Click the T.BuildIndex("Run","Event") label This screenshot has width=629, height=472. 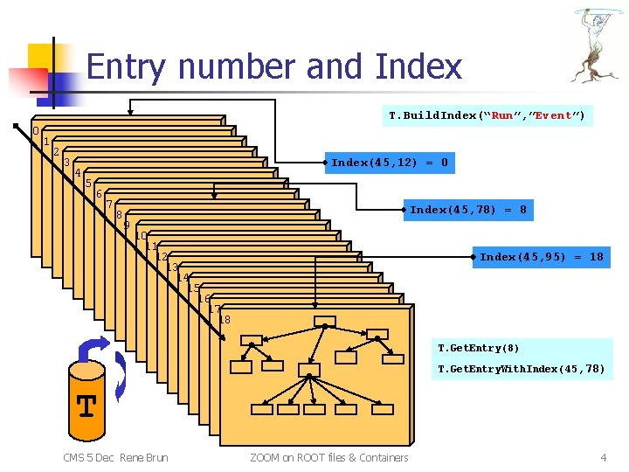click(487, 115)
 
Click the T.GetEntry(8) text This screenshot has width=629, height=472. click(479, 348)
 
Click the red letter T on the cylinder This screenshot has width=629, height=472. click(86, 406)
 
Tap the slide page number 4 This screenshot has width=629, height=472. click(603, 457)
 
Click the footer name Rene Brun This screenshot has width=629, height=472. click(144, 457)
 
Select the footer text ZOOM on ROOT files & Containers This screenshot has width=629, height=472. click(328, 457)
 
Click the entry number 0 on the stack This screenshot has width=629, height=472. click(36, 131)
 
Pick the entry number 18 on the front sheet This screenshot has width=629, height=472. click(225, 320)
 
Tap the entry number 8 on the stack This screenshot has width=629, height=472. click(119, 215)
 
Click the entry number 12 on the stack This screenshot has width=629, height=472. click(161, 257)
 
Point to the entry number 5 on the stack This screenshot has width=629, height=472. click(88, 184)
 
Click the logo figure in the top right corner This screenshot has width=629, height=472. click(598, 44)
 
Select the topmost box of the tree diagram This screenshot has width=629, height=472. click(324, 321)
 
